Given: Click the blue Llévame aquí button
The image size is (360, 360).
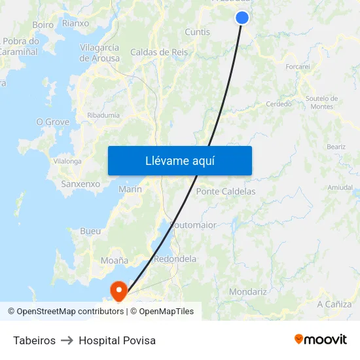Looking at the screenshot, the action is click(179, 161).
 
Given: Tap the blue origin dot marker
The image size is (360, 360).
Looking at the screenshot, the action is click(242, 18).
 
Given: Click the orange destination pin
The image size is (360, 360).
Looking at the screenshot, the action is click(118, 289).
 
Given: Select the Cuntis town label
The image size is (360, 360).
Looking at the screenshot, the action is click(197, 32).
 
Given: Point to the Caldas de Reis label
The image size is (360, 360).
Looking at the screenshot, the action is click(158, 52).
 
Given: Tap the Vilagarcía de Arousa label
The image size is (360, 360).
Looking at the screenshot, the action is click(99, 53).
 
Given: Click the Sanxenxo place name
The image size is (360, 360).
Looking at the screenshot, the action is click(81, 184).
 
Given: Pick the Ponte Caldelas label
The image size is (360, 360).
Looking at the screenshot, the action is click(226, 192).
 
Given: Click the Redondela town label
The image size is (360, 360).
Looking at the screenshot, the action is click(175, 259).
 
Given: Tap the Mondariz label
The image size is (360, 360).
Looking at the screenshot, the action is click(247, 291).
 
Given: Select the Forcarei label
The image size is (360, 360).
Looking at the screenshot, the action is click(298, 67).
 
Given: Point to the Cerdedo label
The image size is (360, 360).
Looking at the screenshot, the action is click(279, 104).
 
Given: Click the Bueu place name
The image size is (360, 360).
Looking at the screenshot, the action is click(90, 231).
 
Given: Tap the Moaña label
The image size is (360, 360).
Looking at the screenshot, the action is click(115, 261).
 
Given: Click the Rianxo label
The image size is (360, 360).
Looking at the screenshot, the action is click(75, 23).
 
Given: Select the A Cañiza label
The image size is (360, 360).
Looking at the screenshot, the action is click(334, 304).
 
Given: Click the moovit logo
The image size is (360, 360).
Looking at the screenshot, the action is click(320, 340).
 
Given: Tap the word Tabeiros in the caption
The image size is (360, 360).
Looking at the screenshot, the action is click(34, 340).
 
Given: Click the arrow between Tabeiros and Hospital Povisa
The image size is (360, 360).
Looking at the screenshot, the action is click(67, 340).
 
